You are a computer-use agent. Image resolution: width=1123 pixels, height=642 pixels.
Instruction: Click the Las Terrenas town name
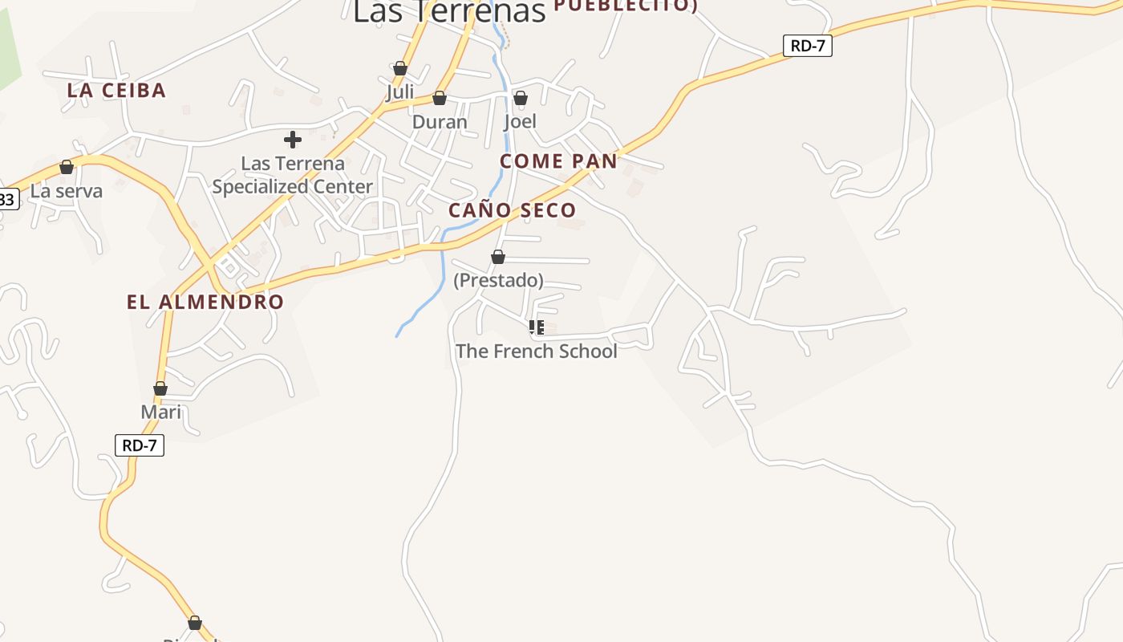click(x=449, y=11)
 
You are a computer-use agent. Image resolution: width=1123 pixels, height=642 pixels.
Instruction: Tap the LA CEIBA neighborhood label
click(x=116, y=90)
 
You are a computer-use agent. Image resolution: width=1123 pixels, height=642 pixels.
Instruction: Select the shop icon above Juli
click(x=400, y=69)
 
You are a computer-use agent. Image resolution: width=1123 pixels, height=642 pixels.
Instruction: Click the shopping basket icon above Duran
click(x=440, y=98)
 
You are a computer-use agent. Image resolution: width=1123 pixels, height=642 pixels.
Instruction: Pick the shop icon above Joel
click(x=521, y=98)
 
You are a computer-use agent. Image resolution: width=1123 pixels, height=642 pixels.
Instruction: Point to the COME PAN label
click(x=558, y=161)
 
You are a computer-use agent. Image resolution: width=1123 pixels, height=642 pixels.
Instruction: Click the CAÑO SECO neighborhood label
click(x=512, y=210)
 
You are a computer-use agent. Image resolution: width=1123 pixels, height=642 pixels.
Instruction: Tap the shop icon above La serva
click(x=67, y=167)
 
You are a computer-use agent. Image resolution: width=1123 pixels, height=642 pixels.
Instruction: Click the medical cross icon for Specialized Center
click(x=293, y=140)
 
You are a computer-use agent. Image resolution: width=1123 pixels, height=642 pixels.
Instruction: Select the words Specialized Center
click(x=293, y=187)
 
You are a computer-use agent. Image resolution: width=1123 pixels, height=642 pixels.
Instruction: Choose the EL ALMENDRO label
click(x=205, y=302)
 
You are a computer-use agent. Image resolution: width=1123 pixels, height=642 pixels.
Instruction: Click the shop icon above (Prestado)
click(x=498, y=257)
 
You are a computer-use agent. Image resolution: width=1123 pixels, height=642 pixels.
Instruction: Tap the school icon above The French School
click(x=537, y=327)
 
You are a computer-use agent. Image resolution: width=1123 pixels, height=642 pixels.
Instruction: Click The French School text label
click(x=537, y=351)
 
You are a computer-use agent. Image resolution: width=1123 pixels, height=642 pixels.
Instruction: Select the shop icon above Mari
click(x=160, y=389)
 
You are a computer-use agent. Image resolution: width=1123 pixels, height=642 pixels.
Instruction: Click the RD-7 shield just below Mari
click(x=140, y=445)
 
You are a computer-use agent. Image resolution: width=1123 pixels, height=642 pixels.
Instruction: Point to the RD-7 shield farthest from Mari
click(x=807, y=46)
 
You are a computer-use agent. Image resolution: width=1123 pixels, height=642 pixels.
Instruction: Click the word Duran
click(x=440, y=122)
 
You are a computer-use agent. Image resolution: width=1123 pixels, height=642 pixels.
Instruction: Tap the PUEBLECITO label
click(x=625, y=6)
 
